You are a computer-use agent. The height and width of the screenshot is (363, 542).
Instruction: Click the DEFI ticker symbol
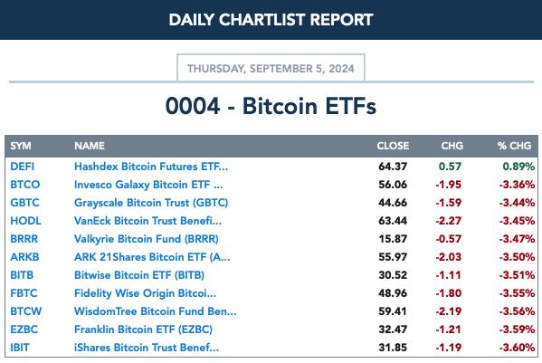coord(22,167)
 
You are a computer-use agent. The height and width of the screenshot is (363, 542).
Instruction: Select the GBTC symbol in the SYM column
coord(25,203)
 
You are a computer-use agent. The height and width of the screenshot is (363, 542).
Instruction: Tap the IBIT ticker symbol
coord(20,348)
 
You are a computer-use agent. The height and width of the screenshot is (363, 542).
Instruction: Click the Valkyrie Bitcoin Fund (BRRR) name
coord(147,239)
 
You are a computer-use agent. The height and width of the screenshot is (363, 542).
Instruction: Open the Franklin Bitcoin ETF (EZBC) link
coord(143,330)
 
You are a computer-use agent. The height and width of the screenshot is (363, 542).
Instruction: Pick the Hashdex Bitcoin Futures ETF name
coord(151,167)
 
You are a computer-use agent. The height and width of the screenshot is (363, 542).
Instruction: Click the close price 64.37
coord(393,167)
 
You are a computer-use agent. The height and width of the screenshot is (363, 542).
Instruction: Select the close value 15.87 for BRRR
coord(393,239)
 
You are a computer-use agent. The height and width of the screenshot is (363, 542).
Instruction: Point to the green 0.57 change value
coord(450,167)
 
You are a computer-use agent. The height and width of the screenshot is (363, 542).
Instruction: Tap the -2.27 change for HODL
coord(448,221)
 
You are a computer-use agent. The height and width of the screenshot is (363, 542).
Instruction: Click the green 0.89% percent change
coord(518,167)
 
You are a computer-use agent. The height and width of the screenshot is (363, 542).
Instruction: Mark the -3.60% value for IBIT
coord(517,348)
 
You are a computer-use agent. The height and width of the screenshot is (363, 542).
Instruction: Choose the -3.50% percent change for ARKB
coord(517,257)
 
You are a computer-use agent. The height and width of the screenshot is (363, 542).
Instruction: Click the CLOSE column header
coord(393,146)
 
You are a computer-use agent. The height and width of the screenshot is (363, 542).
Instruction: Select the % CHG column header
coord(514,146)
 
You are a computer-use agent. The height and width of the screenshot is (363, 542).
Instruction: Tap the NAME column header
coord(90,146)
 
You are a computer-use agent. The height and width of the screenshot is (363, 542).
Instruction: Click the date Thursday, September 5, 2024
coord(271,69)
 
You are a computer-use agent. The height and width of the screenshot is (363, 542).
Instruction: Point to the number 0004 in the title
coord(193,106)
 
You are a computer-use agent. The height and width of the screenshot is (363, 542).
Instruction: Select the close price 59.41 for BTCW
coord(393,311)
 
